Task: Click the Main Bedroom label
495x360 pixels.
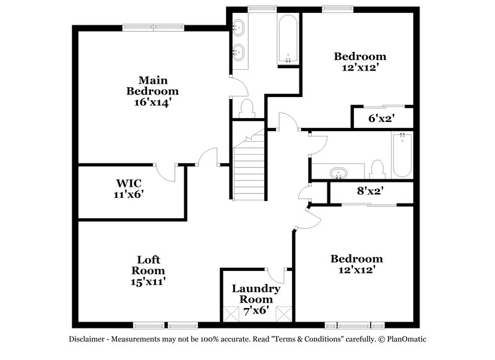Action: (153, 85)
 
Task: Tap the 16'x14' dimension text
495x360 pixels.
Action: (153, 102)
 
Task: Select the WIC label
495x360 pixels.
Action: (129, 183)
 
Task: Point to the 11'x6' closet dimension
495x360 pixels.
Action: (129, 194)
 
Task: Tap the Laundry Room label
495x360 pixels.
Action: (256, 294)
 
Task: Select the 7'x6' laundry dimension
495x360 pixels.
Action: (256, 310)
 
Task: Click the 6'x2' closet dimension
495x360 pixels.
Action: (382, 118)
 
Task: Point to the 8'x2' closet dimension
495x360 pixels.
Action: (369, 191)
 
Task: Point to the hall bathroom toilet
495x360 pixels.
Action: (377, 169)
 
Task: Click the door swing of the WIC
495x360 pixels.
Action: (166, 173)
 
